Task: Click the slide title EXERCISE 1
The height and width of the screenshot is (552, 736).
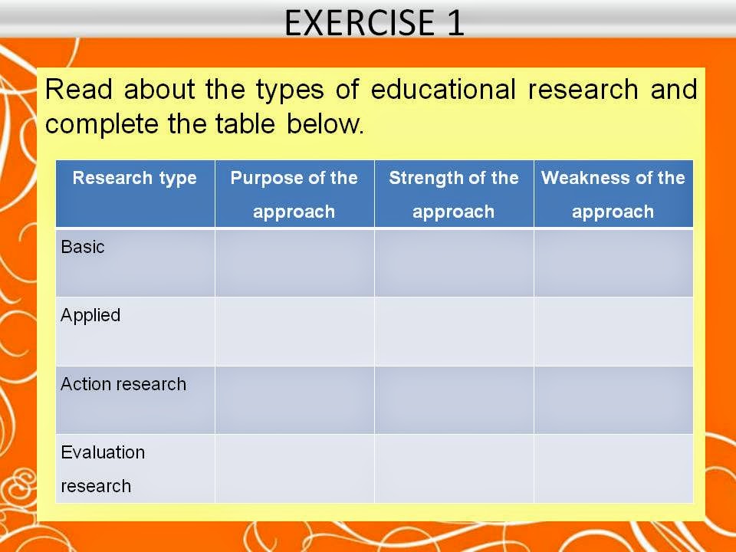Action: coord(374,23)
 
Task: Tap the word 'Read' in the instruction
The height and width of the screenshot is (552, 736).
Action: coord(80,90)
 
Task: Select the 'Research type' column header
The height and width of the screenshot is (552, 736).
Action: coord(135,179)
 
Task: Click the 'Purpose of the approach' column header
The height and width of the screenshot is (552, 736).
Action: coord(294,195)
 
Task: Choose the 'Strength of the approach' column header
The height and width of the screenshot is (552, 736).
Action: coord(454,195)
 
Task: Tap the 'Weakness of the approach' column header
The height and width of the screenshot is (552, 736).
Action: coord(613,195)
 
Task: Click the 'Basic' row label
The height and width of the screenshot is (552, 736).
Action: coord(83,247)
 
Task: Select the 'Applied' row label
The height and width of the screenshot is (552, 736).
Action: coord(90,315)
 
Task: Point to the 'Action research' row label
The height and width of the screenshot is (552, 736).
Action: coord(123,384)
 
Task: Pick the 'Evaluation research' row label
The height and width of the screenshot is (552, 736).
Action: coord(103,468)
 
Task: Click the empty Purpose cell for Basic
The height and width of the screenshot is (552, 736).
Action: coord(294,262)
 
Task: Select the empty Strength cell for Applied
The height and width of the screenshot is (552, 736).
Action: coord(454,331)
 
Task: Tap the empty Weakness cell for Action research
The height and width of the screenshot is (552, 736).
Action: coord(613,399)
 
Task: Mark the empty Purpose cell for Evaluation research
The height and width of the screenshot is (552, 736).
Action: coord(294,468)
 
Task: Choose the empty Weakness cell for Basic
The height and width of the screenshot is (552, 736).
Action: coord(613,262)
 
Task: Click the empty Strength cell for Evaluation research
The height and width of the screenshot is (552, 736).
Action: coord(454,468)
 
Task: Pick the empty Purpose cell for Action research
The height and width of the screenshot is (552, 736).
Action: coord(294,399)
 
